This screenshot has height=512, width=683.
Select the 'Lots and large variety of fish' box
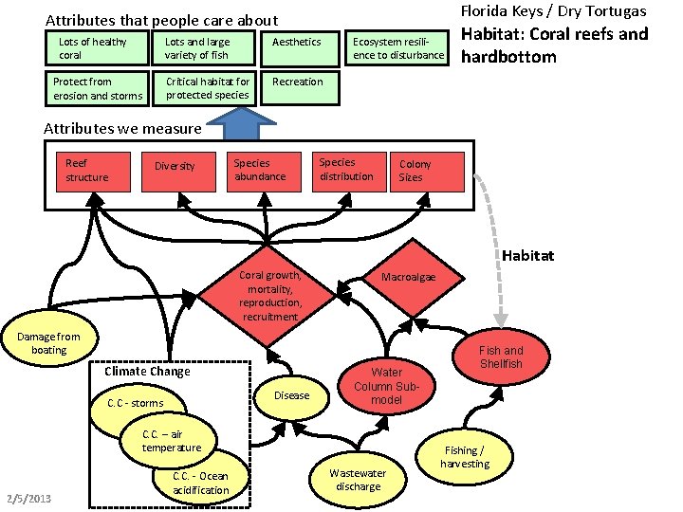click(x=204, y=48)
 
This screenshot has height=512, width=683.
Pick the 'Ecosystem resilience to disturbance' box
click(x=397, y=48)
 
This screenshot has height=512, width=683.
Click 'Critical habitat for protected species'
click(x=204, y=88)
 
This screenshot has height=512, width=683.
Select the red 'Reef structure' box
click(x=93, y=171)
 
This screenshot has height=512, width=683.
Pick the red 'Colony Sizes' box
click(x=426, y=172)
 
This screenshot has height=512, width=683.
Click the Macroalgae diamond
click(x=408, y=277)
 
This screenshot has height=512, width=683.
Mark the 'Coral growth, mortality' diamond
click(x=270, y=296)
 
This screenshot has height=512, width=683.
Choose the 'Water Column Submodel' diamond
click(x=387, y=386)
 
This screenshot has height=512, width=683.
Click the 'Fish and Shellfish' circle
click(x=501, y=357)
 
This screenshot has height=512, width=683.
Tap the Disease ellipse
click(x=291, y=395)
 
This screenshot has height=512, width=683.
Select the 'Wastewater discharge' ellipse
click(x=358, y=480)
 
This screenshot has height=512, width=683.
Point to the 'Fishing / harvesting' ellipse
click(x=465, y=457)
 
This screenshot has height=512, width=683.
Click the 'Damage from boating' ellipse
click(x=49, y=343)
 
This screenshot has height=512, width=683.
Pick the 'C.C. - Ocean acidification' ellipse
click(x=201, y=483)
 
